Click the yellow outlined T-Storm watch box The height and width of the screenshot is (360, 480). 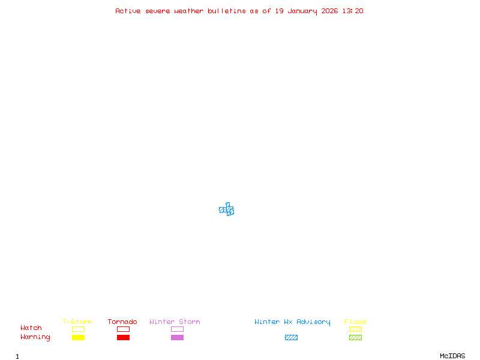pos(78,329)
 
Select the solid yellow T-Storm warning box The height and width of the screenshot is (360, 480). pos(78,337)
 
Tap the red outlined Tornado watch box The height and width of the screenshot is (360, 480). pos(123,329)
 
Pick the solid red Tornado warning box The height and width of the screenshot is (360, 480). pos(123,337)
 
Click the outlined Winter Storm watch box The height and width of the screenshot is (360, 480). pos(177,329)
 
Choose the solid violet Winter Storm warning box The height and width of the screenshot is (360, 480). pos(177,337)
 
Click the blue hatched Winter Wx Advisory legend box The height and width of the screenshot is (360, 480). pos(291,337)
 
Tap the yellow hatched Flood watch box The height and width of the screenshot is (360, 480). pos(355,329)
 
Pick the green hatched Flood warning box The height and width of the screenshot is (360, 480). pos(355,337)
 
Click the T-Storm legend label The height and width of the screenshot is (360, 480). pos(77,322)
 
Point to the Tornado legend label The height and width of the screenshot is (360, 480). pos(122,322)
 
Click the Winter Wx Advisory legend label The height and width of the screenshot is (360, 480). pos(292,322)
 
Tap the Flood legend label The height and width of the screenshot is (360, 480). pos(355,322)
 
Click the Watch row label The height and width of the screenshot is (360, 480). pos(31,328)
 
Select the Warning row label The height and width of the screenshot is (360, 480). pos(35,337)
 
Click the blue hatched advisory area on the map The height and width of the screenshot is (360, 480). pos(227,210)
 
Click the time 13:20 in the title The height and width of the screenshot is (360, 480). pos(352,11)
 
